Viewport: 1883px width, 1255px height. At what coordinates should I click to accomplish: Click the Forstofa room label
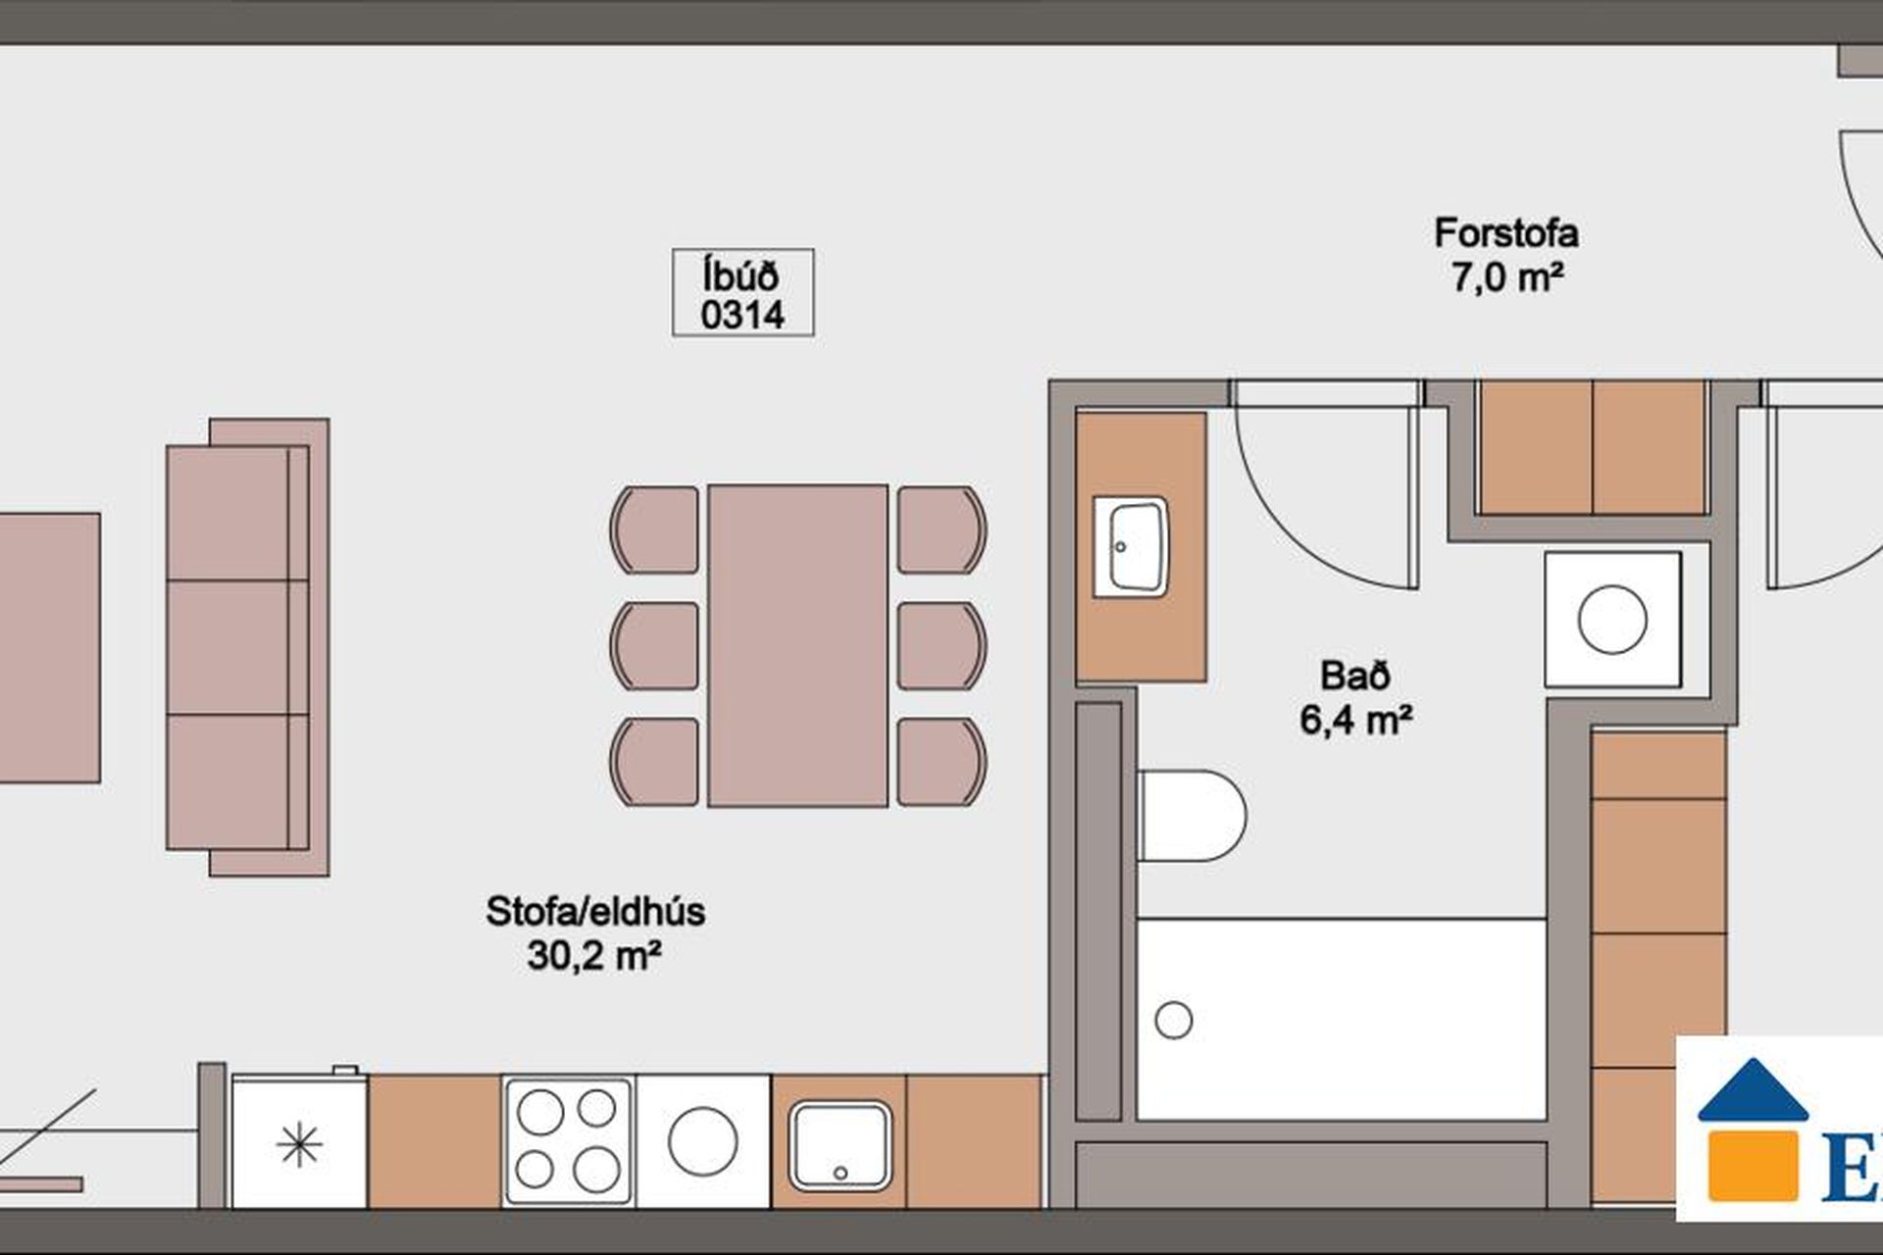(x=1506, y=234)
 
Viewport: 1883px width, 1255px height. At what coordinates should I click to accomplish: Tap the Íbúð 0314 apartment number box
(x=742, y=293)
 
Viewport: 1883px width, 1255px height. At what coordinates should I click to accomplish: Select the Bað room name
(x=1355, y=676)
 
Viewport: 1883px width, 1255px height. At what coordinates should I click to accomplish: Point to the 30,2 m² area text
(x=594, y=954)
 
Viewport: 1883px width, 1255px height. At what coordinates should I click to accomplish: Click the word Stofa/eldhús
(x=595, y=912)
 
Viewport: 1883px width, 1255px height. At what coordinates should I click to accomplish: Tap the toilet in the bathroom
(x=1192, y=816)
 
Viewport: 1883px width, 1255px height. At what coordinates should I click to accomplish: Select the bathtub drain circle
(x=1174, y=1020)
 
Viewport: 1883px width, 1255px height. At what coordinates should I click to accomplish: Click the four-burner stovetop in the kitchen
(x=568, y=1141)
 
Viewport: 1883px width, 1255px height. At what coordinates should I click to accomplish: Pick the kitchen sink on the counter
(x=840, y=1145)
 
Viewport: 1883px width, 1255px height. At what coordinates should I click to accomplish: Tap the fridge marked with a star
(x=299, y=1141)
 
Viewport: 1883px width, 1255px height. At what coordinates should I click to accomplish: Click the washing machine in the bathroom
(x=1613, y=620)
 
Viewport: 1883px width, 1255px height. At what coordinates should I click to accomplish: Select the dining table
(x=798, y=645)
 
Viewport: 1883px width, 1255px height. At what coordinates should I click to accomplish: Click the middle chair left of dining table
(x=654, y=646)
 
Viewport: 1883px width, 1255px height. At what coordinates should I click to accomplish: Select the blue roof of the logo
(x=1753, y=1089)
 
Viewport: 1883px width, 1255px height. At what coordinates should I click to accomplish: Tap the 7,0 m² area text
(x=1506, y=277)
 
